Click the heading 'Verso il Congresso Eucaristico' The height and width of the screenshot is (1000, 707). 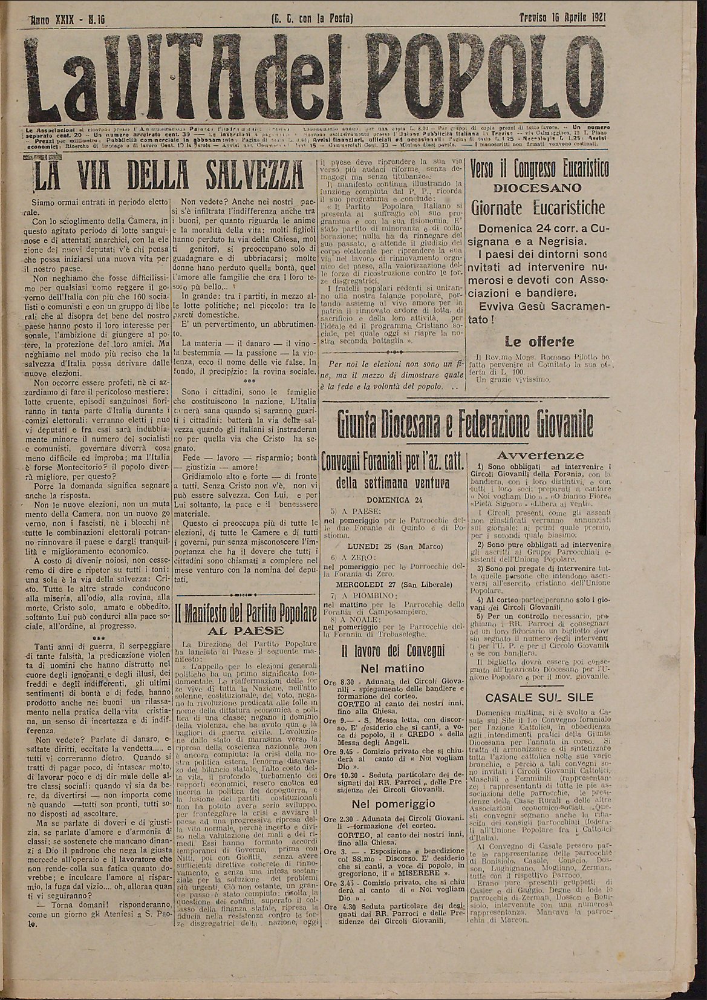tap(539, 168)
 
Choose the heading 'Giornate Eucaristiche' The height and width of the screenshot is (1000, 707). tap(538, 208)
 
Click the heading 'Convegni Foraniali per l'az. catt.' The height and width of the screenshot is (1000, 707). tap(393, 465)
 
